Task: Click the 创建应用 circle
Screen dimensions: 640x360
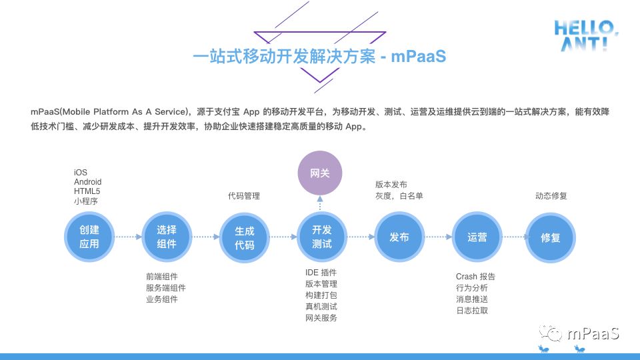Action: [89, 237]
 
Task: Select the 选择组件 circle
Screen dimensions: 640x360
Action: [167, 237]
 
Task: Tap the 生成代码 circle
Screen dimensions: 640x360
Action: [244, 237]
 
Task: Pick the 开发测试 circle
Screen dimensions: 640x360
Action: [321, 237]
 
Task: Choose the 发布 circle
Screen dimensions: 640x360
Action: [399, 237]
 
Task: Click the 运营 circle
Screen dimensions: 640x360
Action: [477, 237]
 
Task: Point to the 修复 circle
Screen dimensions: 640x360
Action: [550, 237]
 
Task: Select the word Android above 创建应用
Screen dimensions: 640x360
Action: [88, 182]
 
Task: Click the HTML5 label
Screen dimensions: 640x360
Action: [87, 191]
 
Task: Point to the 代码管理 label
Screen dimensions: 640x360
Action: [243, 196]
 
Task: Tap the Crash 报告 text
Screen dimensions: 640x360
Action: [475, 277]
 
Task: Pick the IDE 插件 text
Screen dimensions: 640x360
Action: [321, 273]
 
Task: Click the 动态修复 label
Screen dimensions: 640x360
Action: [551, 196]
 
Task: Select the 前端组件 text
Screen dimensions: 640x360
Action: [162, 277]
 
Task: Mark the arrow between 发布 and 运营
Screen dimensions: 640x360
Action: [438, 237]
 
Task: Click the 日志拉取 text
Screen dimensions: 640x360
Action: [472, 311]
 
